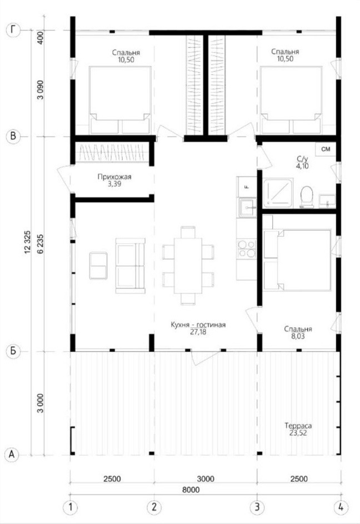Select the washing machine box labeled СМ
pos(326,149)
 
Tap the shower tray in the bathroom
pos(278,194)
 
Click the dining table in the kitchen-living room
pos(188,265)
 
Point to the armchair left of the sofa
pos(98,266)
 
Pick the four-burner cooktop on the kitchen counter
pos(247,249)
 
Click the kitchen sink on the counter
pos(247,208)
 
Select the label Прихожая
pos(114,177)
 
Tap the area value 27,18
pos(198,332)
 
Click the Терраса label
pos(298,426)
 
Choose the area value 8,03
pos(298,336)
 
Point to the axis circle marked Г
pos(13,30)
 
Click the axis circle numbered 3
pos(257,507)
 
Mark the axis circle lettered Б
pos(13,351)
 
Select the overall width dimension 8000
pos(191,490)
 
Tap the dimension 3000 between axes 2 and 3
pos(206,478)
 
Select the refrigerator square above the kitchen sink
pos(247,187)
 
